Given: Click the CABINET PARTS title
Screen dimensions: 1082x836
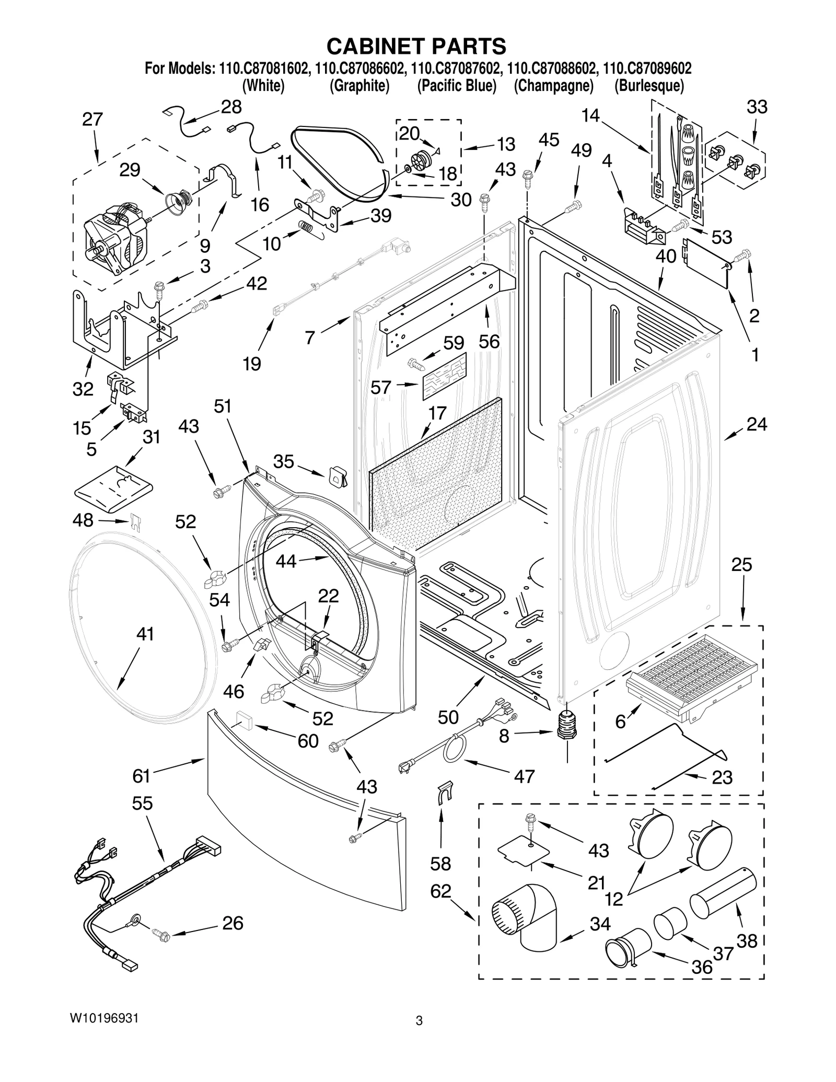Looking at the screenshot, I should point(416,46).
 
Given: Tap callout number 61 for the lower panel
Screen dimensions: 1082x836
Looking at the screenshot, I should point(141,776).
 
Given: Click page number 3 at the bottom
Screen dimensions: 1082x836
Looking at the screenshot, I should point(419,1035).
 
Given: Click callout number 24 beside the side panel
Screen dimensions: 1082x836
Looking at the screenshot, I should point(756,424).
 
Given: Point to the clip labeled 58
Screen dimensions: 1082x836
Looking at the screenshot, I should point(443,794).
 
